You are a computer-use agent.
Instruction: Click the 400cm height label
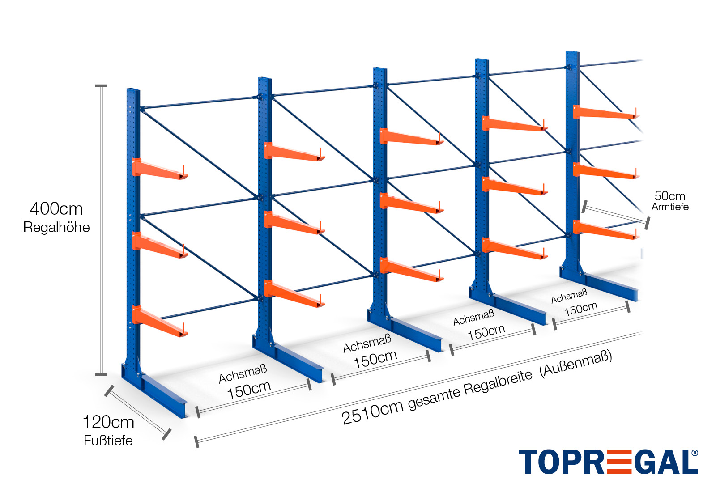pyautogui.click(x=56, y=209)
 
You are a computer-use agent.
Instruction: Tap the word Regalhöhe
pyautogui.click(x=56, y=227)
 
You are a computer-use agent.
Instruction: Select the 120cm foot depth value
pyautogui.click(x=108, y=422)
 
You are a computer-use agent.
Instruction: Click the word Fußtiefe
pyautogui.click(x=108, y=441)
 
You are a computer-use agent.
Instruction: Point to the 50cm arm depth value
pyautogui.click(x=669, y=196)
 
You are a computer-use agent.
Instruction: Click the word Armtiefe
pyautogui.click(x=669, y=207)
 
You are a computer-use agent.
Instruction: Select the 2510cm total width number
pyautogui.click(x=372, y=413)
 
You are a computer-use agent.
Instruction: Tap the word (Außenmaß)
pyautogui.click(x=575, y=363)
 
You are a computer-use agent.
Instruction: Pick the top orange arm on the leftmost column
pyautogui.click(x=159, y=169)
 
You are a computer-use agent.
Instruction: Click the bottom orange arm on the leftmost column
pyautogui.click(x=159, y=320)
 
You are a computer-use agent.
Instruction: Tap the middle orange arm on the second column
pyautogui.click(x=293, y=223)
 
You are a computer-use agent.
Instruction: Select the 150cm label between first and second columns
pyautogui.click(x=249, y=390)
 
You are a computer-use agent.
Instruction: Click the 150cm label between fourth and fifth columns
pyautogui.click(x=580, y=309)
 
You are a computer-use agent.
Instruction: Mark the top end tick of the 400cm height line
pyautogui.click(x=102, y=85)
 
